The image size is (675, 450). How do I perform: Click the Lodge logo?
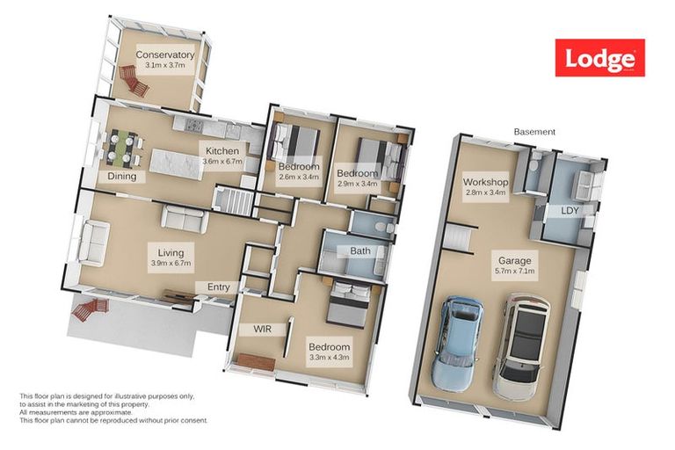tap(599, 58)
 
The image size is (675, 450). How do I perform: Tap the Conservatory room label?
tap(165, 55)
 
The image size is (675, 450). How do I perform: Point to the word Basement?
tap(534, 132)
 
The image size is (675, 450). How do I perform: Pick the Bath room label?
tap(360, 250)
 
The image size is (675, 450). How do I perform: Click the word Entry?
tap(219, 287)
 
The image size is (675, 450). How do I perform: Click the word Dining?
tap(122, 176)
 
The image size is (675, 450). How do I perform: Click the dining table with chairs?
tap(122, 147)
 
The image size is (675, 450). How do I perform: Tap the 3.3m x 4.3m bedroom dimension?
tap(330, 358)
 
